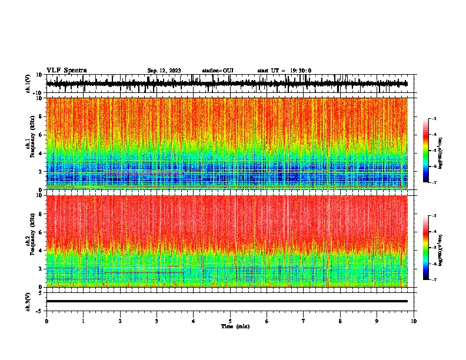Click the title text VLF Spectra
66,70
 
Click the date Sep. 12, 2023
164,71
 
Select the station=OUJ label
218,71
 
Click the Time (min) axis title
235,326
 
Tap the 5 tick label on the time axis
230,321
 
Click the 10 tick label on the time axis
414,321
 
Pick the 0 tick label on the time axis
46,321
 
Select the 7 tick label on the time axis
304,321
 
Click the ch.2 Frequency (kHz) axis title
31,241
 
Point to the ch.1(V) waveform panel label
28,84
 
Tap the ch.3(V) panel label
28,301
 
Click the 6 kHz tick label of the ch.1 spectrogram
41,135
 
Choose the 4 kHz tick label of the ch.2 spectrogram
41,250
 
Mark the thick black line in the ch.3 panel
227,301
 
